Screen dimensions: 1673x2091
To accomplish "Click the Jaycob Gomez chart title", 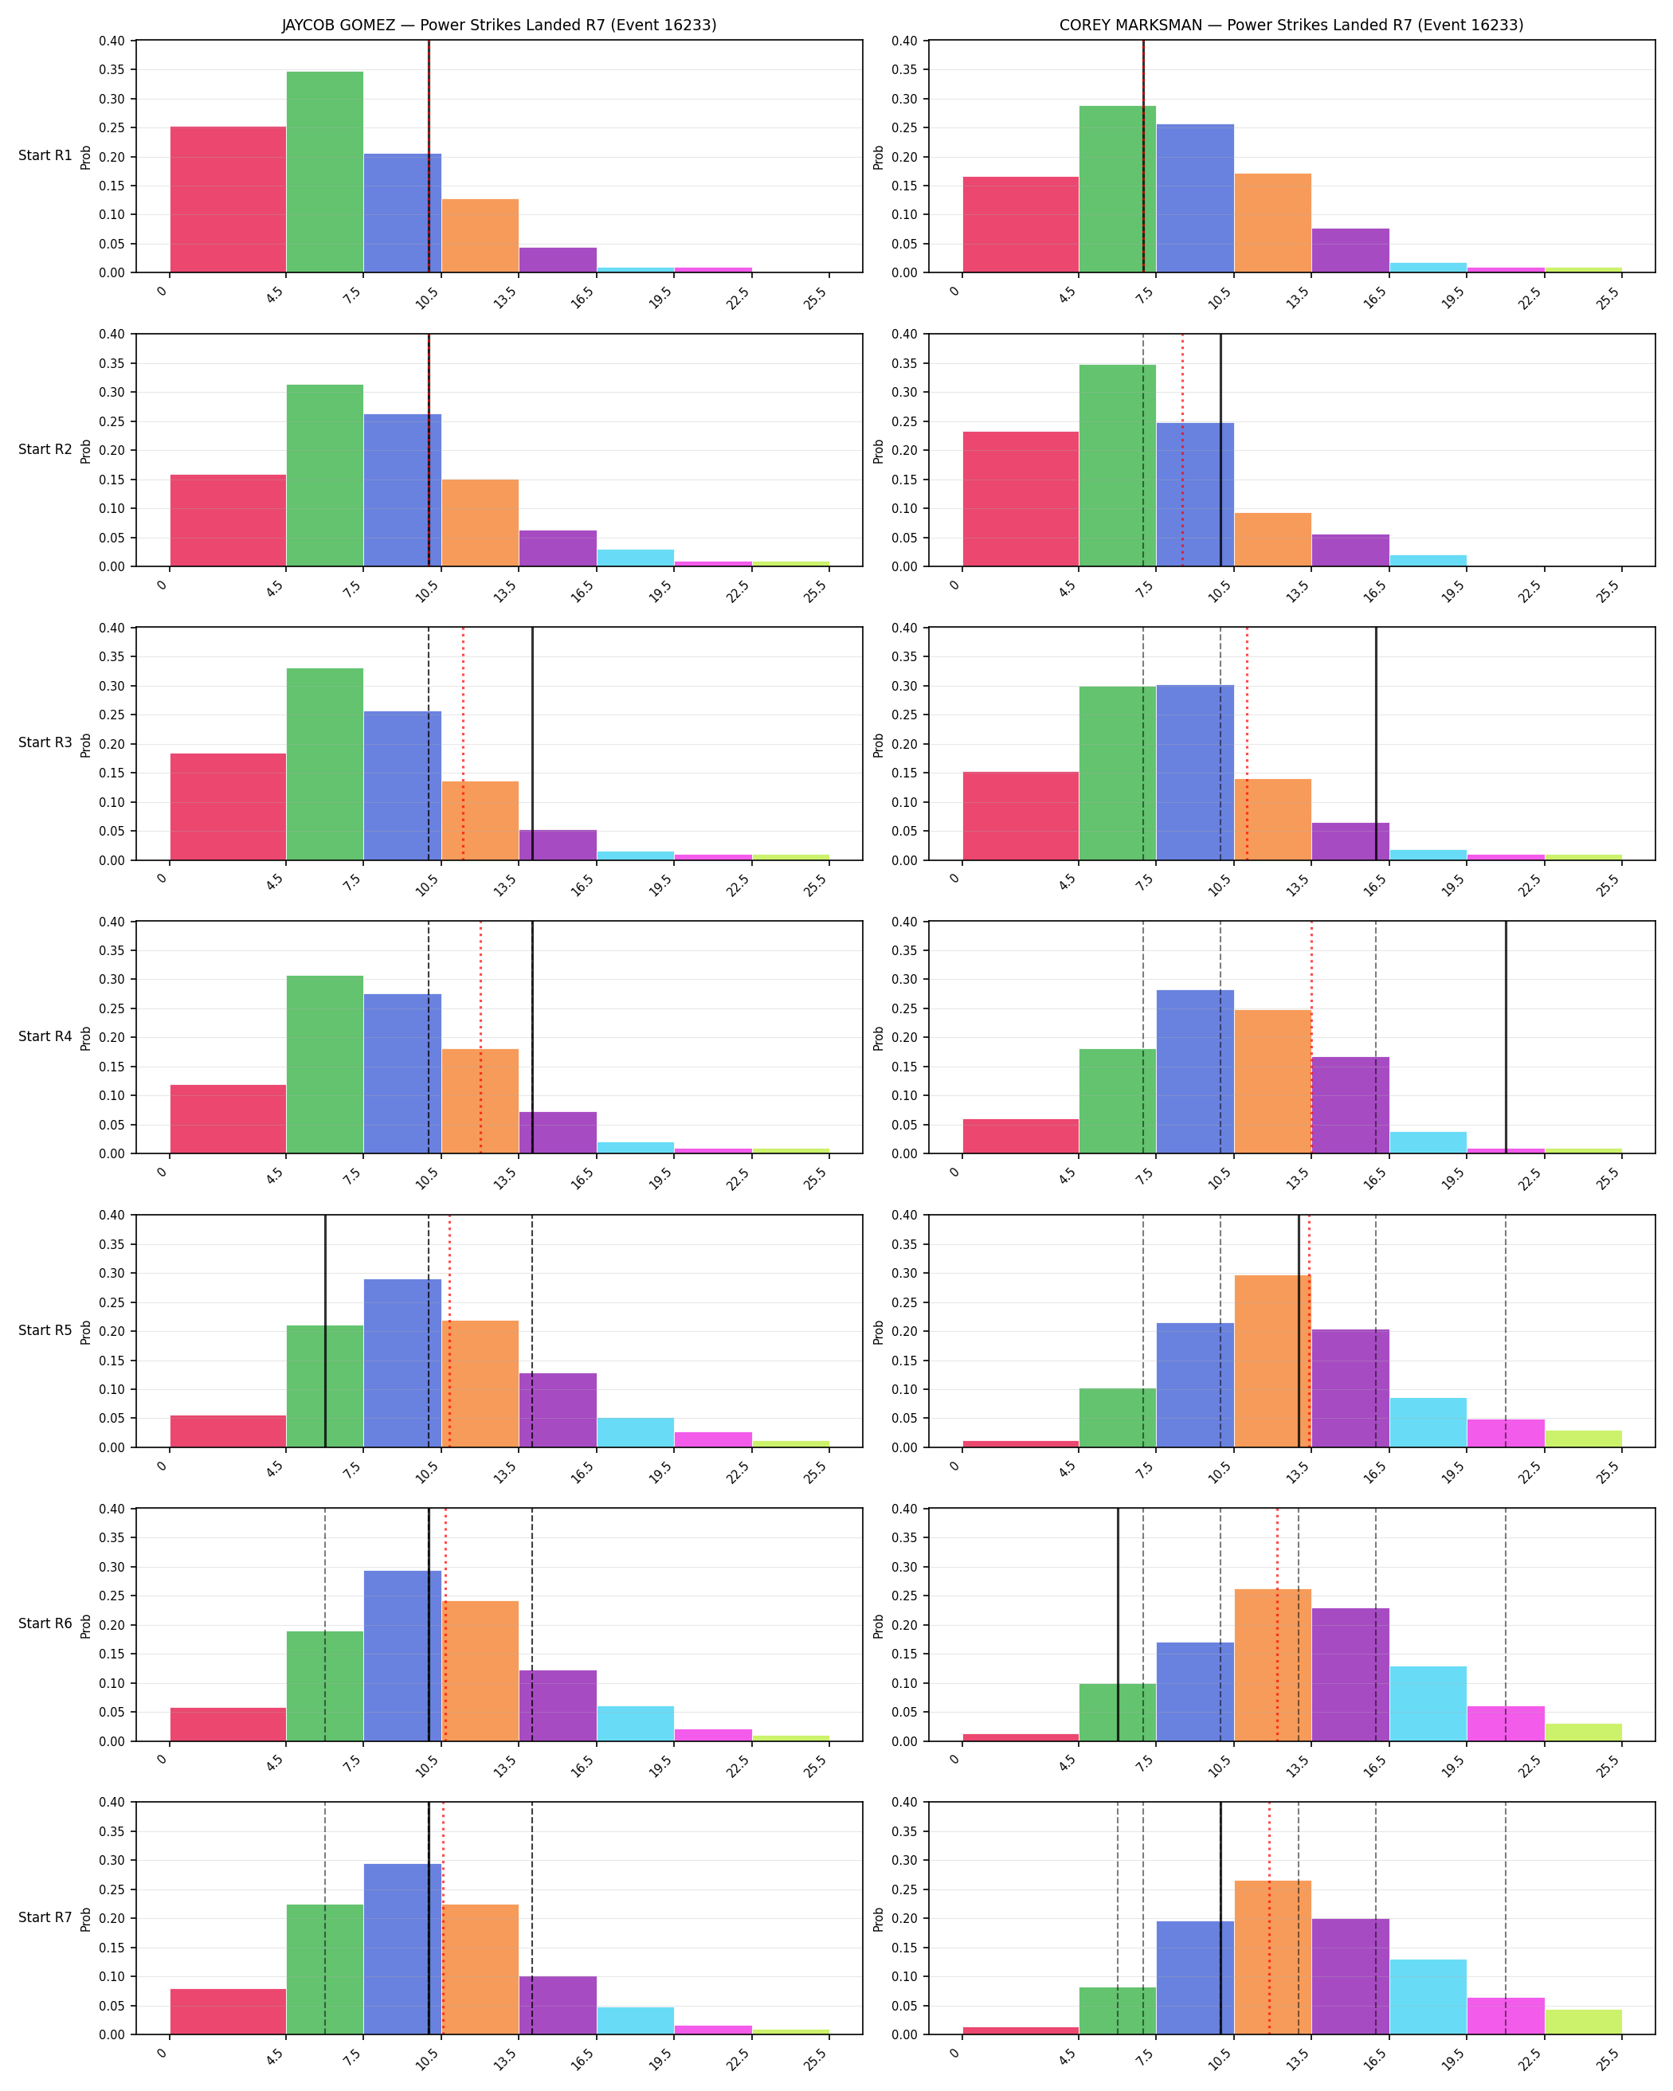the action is (x=499, y=25).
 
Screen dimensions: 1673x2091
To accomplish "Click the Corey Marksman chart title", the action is (x=1291, y=25).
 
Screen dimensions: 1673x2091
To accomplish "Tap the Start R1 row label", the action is (x=45, y=155).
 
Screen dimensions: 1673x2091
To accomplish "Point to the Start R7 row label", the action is (x=45, y=1917).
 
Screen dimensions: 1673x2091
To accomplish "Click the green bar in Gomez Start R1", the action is (x=325, y=172).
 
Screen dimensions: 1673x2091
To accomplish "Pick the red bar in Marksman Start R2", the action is (x=1021, y=499).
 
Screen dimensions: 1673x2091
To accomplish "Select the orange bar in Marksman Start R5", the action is (x=1272, y=1361).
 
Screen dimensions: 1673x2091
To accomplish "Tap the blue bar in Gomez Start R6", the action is (x=402, y=1655).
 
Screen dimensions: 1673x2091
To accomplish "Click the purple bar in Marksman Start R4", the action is (x=1350, y=1105).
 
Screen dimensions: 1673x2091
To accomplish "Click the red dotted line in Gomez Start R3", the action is (x=463, y=744).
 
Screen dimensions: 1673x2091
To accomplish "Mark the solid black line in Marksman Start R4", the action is (x=1505, y=1038).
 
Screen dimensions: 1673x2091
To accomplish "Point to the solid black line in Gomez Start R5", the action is (x=325, y=1330).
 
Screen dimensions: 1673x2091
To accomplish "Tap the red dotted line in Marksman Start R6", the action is (x=1277, y=1624).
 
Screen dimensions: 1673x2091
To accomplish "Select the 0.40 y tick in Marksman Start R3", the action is (x=904, y=628).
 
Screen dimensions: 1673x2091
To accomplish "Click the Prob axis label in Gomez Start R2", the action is (x=86, y=451).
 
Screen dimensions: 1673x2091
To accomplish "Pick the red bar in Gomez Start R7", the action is (x=228, y=2011).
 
